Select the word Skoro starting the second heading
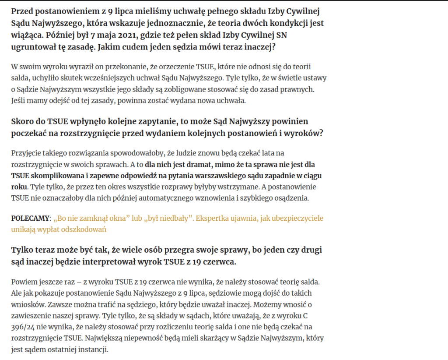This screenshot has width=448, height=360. click(22, 121)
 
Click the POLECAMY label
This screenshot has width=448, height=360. click(31, 218)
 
